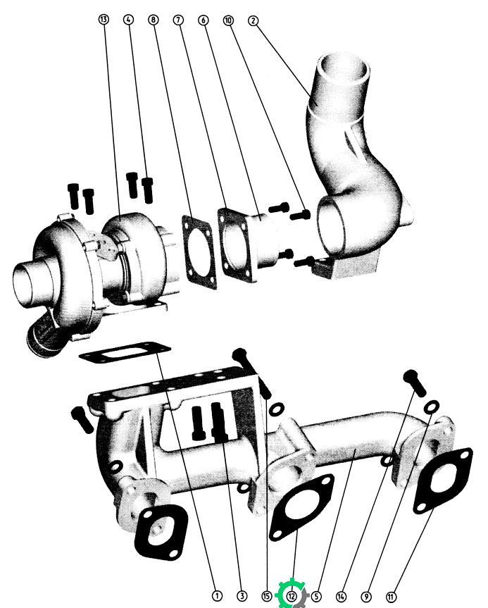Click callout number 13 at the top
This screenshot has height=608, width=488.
tap(104, 19)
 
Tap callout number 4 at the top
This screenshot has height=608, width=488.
tap(129, 20)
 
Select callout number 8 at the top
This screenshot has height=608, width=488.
tap(154, 20)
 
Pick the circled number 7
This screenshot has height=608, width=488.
tap(178, 20)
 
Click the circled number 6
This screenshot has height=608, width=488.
tap(204, 20)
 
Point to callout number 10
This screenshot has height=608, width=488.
tap(228, 20)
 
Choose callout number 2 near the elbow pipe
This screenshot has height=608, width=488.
tap(253, 20)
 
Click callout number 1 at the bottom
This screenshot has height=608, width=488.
tap(217, 595)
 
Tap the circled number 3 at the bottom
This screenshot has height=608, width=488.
tap(242, 595)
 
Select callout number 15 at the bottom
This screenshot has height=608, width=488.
tap(267, 596)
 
